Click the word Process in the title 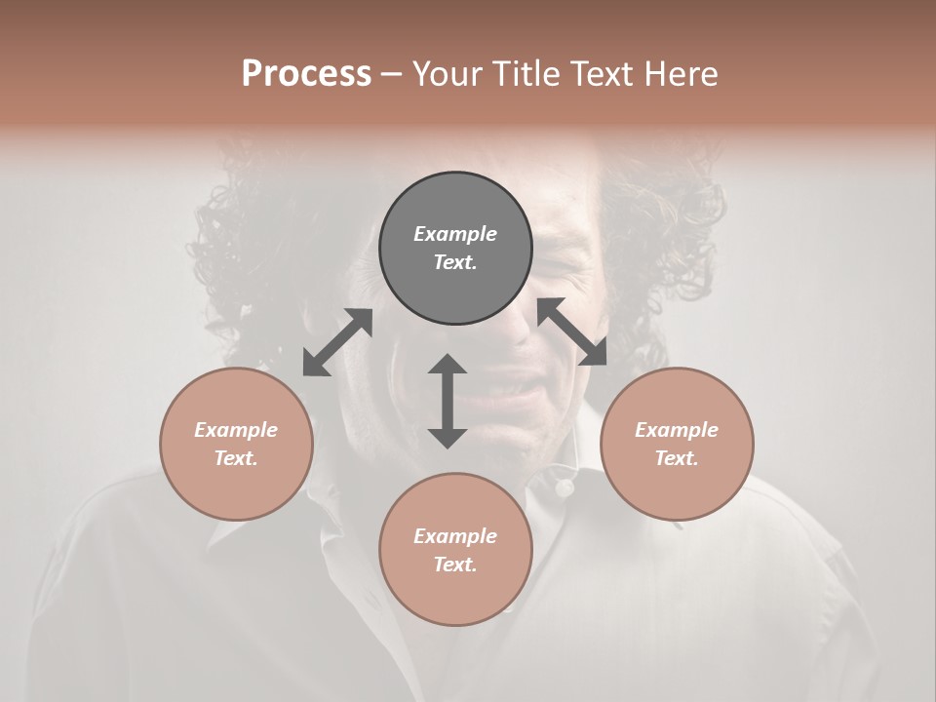pos(306,74)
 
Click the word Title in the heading pos(526,74)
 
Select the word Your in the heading pos(449,74)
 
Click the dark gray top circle pos(455,249)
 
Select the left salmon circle pos(236,444)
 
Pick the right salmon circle pos(677,444)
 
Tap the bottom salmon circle pos(455,550)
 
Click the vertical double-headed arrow pos(448,401)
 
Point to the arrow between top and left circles pos(337,342)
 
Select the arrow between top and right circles pos(571,332)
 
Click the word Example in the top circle pos(455,234)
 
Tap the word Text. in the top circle pos(455,262)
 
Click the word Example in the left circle pos(236,430)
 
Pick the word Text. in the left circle pos(236,458)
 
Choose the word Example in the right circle pos(677,430)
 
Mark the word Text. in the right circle pos(677,458)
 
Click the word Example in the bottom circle pos(455,536)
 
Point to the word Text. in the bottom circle pos(455,565)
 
